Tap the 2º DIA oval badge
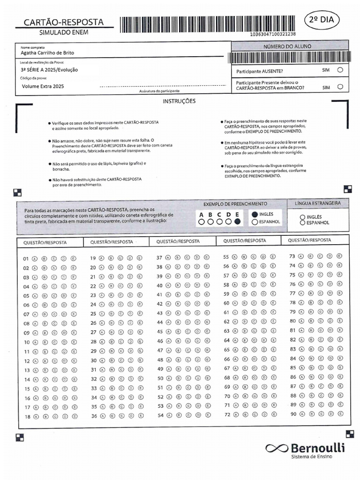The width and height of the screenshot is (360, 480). click(x=323, y=20)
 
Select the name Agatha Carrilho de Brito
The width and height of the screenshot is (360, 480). click(x=47, y=53)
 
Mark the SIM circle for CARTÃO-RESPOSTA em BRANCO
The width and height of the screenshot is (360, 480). click(x=340, y=87)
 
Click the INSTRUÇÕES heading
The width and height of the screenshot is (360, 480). click(x=179, y=101)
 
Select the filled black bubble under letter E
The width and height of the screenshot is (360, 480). click(x=238, y=222)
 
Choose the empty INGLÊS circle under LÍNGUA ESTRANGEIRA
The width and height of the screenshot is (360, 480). click(x=302, y=217)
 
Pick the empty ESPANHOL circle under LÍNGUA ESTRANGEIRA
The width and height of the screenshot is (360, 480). click(x=302, y=223)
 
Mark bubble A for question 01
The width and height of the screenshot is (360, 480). click(x=35, y=258)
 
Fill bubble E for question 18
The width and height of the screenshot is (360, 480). click(x=73, y=416)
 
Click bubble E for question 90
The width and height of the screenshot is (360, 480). click(x=340, y=414)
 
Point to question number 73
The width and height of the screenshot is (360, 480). click(x=292, y=256)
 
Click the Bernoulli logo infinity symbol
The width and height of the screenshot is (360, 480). click(x=277, y=449)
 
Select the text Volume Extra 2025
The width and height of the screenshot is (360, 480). click(x=43, y=87)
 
